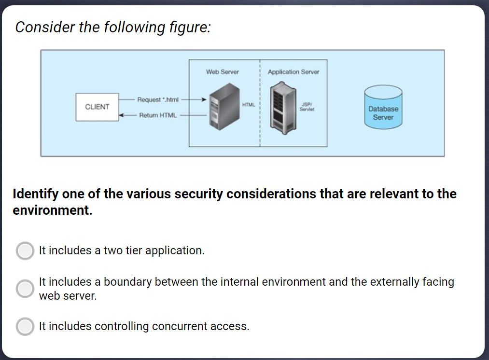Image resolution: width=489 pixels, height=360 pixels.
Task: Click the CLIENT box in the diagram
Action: point(97,107)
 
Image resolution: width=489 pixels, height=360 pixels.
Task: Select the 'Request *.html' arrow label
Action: point(158,100)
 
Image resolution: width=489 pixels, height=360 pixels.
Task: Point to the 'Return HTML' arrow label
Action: point(158,115)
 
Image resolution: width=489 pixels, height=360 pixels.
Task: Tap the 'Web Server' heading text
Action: point(222,72)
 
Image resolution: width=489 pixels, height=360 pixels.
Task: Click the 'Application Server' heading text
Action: point(293,72)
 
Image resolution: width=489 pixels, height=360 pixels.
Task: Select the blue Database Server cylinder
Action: point(383,108)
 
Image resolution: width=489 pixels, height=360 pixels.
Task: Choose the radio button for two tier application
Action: point(25,251)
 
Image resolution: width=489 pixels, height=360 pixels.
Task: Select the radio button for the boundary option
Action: point(25,289)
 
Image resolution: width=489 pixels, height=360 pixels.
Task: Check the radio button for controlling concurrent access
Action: point(25,326)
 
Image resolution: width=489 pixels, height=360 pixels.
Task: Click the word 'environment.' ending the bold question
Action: point(52,211)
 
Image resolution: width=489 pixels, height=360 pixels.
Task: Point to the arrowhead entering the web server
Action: point(205,100)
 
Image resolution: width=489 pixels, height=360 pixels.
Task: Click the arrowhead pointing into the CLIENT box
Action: point(122,115)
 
